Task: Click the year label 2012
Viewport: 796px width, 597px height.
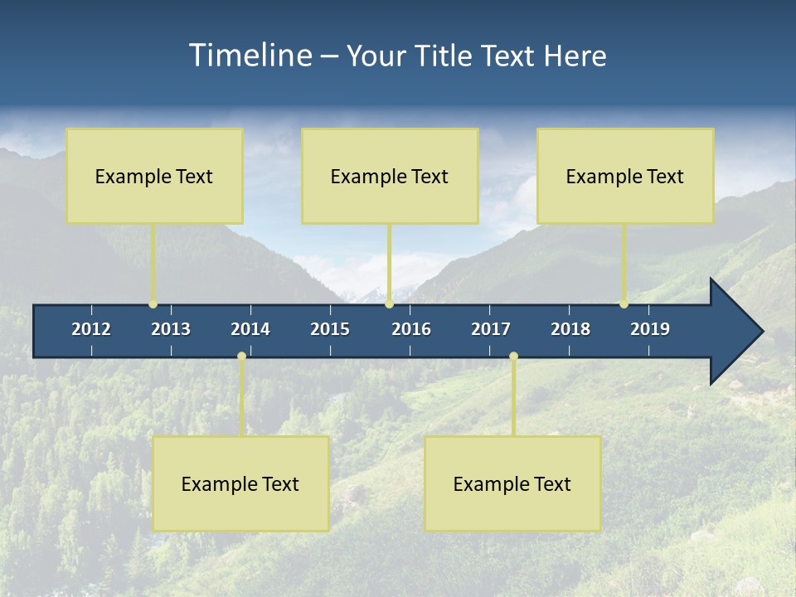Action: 91,329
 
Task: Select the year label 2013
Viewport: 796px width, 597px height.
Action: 171,329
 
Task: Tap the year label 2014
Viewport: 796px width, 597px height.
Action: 250,329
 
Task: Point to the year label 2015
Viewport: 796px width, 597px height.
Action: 330,329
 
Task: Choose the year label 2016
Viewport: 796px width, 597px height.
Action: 411,329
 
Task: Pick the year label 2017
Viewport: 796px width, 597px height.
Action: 491,329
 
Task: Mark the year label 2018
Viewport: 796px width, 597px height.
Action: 570,329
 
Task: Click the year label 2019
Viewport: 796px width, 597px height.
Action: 650,329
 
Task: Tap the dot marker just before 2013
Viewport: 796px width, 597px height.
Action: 153,304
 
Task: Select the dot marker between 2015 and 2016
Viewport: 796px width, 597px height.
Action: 389,304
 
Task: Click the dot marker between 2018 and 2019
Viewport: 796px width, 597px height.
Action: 624,304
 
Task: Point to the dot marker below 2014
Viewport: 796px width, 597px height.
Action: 241,357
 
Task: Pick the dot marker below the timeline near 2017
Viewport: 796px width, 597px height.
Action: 513,357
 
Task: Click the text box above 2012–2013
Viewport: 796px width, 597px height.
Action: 154,176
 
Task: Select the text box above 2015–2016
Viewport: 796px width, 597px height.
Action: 390,176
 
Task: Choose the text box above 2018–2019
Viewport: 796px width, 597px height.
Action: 625,176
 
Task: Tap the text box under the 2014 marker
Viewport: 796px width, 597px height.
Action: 240,483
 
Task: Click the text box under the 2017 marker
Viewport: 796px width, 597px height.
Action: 512,483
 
